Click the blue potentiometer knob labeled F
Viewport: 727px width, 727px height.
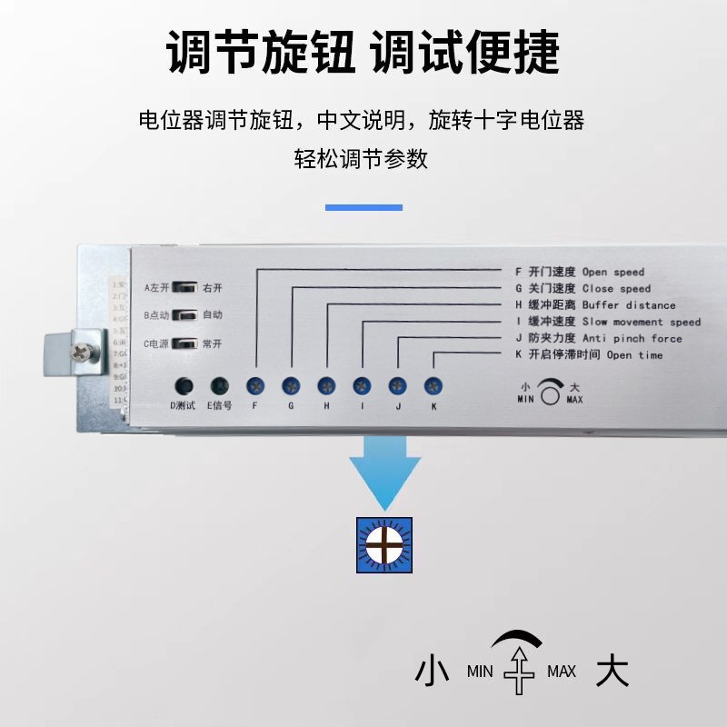(255, 384)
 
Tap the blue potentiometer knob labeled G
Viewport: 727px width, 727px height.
(291, 384)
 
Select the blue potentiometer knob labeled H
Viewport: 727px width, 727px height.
(326, 384)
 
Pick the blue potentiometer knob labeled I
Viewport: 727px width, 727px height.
(362, 384)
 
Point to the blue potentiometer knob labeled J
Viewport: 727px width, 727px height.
(397, 384)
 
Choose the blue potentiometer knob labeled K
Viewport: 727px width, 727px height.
(433, 384)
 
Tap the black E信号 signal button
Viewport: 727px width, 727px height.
(219, 385)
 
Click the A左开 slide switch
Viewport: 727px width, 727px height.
(184, 287)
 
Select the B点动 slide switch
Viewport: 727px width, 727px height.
(184, 315)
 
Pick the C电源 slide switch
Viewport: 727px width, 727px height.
(184, 344)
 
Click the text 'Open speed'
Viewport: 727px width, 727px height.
(613, 272)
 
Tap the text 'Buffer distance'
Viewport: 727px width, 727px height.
(629, 305)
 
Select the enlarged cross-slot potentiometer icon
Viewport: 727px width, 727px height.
(384, 545)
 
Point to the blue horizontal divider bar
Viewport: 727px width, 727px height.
(363, 207)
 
